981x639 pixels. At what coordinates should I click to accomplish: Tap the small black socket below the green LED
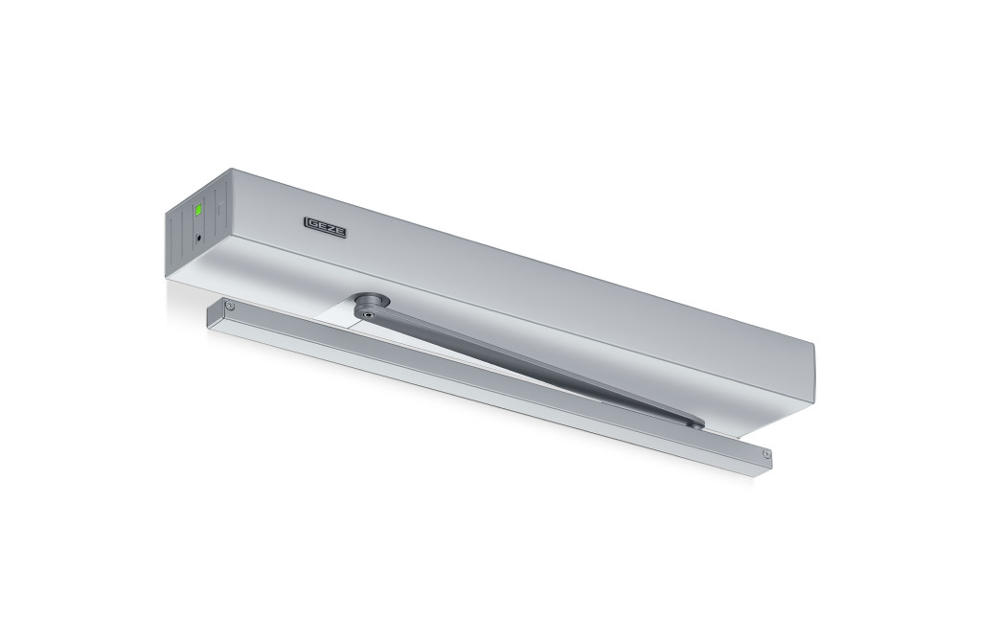coord(199,238)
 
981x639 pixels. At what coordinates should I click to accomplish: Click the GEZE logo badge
coord(326,226)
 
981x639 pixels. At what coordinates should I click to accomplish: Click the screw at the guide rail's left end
coord(231,306)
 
